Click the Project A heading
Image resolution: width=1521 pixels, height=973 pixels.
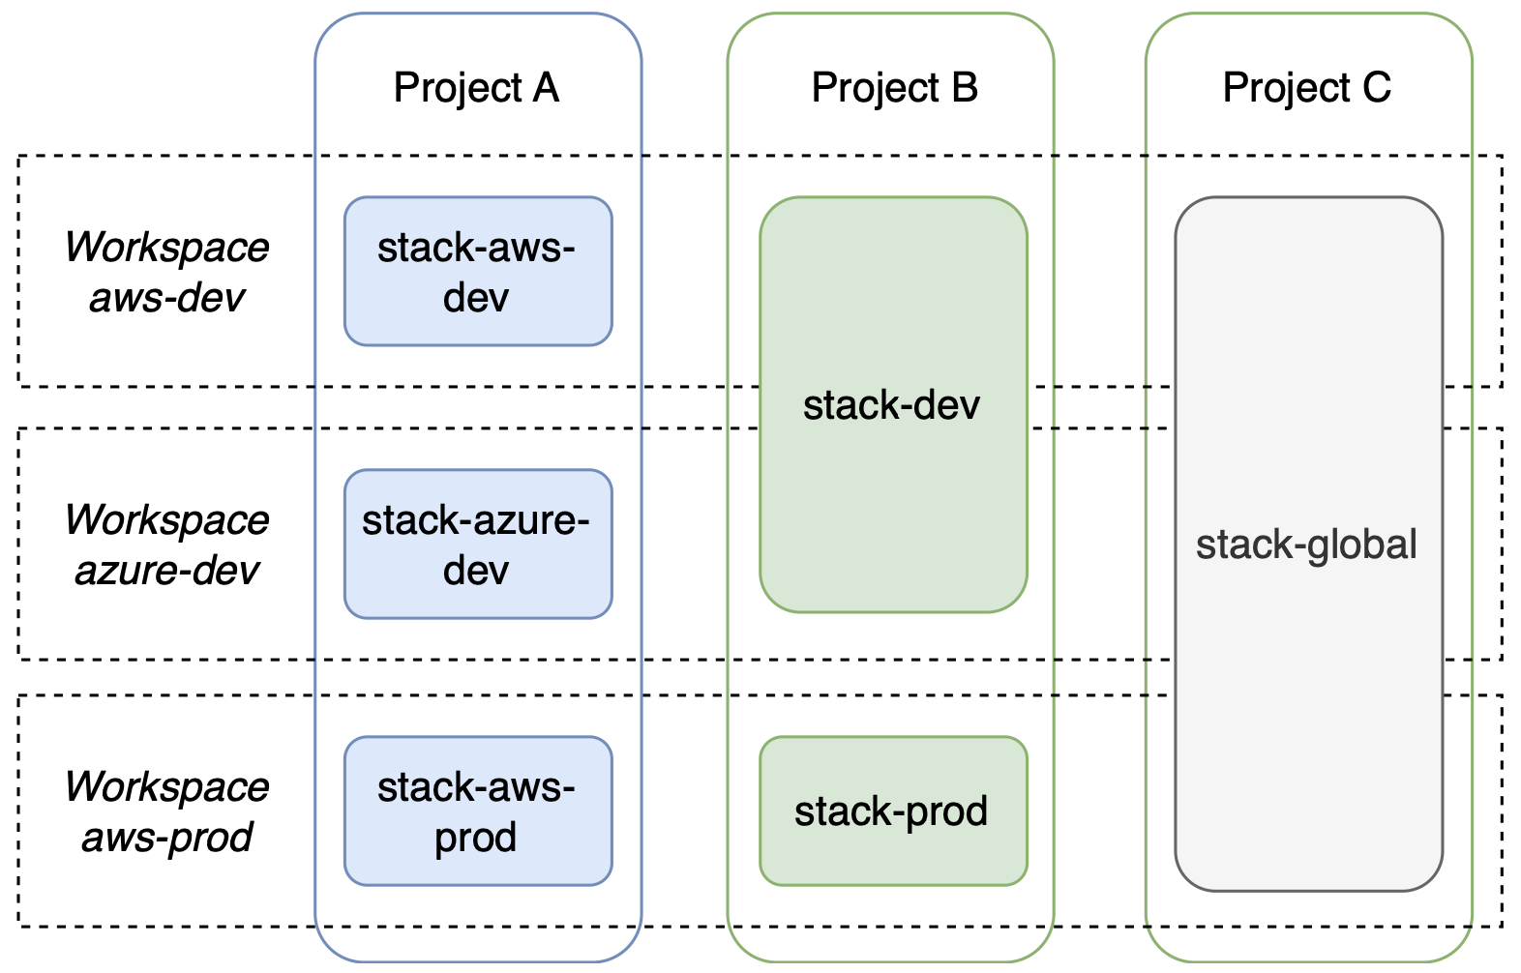click(x=476, y=88)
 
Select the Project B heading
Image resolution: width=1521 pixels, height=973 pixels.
click(x=894, y=88)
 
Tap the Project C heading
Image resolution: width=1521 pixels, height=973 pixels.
click(x=1306, y=88)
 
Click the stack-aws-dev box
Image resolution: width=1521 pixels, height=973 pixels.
click(x=478, y=272)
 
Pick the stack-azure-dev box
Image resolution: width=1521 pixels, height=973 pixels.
click(x=478, y=545)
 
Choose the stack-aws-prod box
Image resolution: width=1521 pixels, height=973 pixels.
click(x=478, y=811)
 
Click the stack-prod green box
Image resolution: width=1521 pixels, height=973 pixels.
click(x=892, y=811)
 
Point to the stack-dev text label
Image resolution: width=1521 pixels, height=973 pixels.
click(x=891, y=405)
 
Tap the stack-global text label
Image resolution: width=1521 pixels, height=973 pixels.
click(x=1306, y=545)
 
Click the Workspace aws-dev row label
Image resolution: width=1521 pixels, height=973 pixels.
click(x=166, y=272)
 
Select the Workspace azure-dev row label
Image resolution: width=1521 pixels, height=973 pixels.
click(x=166, y=545)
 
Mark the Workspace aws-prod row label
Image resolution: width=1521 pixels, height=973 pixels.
click(x=166, y=811)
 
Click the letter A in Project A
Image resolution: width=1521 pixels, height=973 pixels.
click(x=546, y=88)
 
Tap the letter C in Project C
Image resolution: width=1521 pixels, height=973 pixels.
click(x=1376, y=88)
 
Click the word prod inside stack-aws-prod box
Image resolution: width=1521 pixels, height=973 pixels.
click(x=475, y=838)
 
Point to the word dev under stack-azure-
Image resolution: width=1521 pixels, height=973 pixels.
click(x=475, y=571)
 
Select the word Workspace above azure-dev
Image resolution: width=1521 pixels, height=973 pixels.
click(x=166, y=520)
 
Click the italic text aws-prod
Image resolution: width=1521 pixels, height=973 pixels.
click(x=166, y=838)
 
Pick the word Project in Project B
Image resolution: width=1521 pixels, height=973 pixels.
click(x=875, y=88)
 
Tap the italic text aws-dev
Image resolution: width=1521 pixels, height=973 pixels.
click(x=166, y=298)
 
